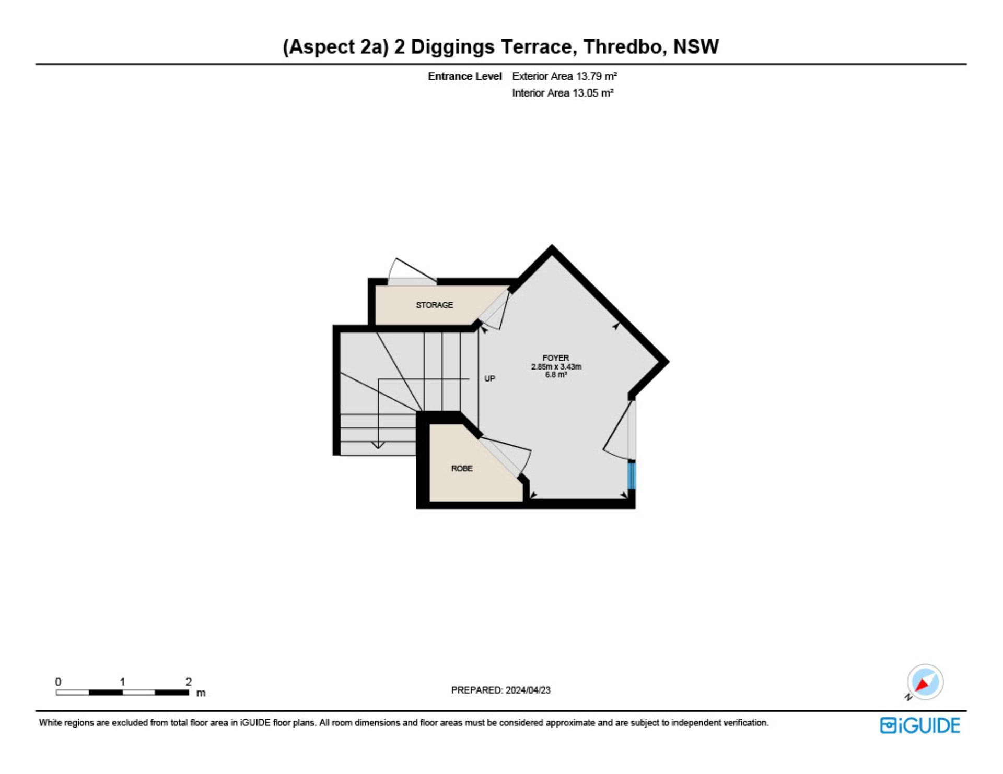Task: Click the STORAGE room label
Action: click(x=434, y=305)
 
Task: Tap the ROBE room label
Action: click(x=462, y=468)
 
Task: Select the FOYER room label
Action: click(x=556, y=358)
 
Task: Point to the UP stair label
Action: click(x=489, y=378)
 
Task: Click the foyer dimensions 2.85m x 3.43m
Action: click(x=556, y=366)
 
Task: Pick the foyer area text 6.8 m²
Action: click(x=556, y=374)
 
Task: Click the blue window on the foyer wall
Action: click(x=632, y=475)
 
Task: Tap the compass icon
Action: click(x=925, y=682)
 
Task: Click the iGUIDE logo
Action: click(x=920, y=725)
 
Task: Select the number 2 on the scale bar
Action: click(x=189, y=682)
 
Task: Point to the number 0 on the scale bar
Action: click(x=58, y=682)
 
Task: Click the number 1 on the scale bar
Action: click(x=123, y=682)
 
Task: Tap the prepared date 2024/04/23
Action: click(x=528, y=690)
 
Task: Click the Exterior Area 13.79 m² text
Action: click(x=564, y=76)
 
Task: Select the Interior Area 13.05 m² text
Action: click(x=563, y=93)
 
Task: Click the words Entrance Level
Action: click(x=465, y=76)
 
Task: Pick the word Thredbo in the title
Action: click(x=625, y=47)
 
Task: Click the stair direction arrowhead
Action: click(x=378, y=445)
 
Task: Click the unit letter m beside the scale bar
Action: click(x=201, y=694)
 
